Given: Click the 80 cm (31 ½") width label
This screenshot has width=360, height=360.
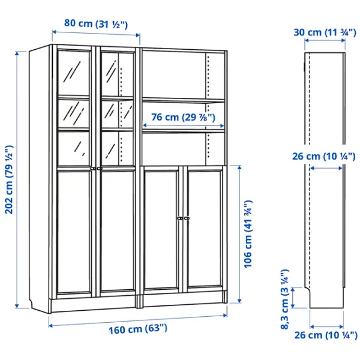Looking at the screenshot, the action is point(96,23).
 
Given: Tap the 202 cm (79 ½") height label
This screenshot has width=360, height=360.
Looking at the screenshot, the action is point(10,179).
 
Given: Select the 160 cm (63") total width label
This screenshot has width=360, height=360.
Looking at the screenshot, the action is point(138,329).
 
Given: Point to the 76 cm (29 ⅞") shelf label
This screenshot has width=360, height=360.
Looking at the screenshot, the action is point(183,117).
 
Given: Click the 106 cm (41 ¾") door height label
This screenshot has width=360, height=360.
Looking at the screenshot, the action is point(248,234).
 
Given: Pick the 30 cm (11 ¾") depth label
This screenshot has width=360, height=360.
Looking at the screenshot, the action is point(325,32).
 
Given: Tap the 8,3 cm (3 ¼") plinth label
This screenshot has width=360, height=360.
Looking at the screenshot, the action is point(284,299).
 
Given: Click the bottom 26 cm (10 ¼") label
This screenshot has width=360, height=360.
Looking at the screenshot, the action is point(326,335).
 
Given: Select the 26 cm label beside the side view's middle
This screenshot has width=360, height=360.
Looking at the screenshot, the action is point(324,157).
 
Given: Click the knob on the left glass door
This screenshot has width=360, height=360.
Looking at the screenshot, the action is point(93,169).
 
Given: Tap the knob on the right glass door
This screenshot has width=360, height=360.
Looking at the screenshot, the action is point(99,169).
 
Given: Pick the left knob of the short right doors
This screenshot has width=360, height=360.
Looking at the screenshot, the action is point(180,218).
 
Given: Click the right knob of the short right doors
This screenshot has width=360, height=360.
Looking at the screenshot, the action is point(187,218).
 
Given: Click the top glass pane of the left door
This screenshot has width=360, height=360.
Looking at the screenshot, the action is point(73,73).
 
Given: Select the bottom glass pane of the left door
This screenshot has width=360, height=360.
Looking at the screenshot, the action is point(73,148).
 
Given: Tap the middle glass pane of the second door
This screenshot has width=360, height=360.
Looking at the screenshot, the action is point(118,114).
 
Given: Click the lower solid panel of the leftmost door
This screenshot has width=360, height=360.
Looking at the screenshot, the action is point(74,232).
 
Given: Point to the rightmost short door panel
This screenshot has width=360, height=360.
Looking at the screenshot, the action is point(205,229).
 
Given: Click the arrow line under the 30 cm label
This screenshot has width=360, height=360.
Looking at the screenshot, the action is point(325,40).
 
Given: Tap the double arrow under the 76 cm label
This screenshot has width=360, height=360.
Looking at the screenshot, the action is point(183,125).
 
